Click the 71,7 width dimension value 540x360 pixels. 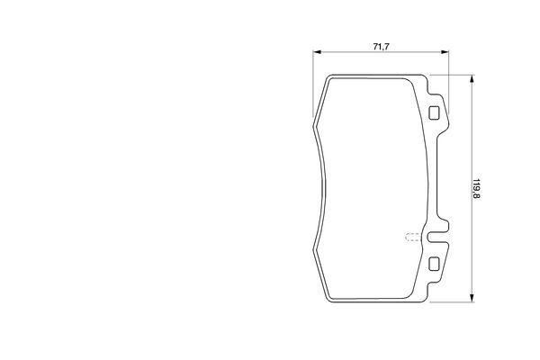click(x=382, y=47)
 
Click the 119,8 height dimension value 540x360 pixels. click(x=476, y=188)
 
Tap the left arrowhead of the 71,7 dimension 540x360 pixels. click(x=317, y=52)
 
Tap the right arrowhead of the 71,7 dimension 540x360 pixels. click(x=445, y=52)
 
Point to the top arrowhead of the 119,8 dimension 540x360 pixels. click(x=472, y=79)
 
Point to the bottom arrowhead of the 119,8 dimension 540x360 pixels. click(x=472, y=298)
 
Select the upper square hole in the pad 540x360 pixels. click(x=434, y=112)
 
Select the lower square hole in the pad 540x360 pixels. click(x=434, y=264)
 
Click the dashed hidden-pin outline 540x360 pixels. click(x=413, y=237)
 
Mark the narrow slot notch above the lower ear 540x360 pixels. click(x=438, y=237)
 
